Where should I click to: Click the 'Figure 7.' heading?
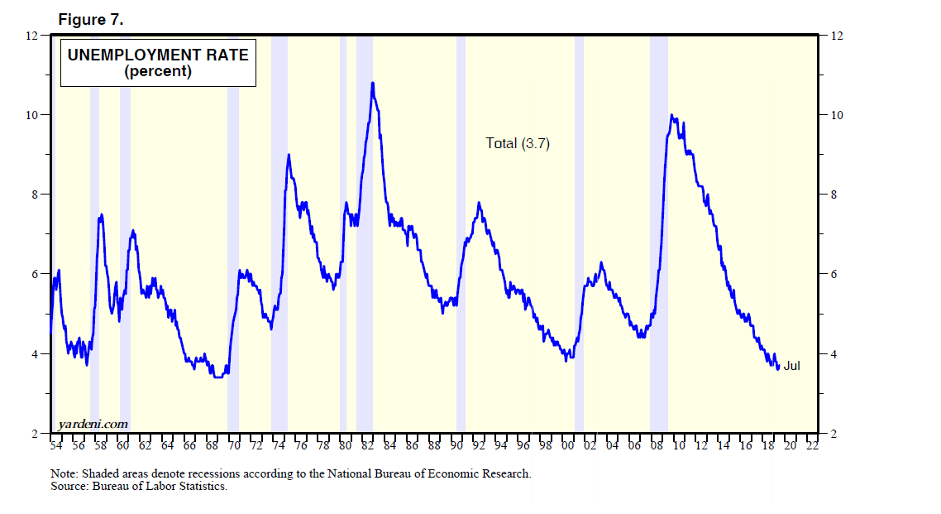point(91,21)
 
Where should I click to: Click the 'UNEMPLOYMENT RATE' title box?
point(158,63)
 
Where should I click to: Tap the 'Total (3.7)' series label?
point(518,143)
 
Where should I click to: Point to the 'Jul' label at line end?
point(791,365)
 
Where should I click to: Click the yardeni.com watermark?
point(93,424)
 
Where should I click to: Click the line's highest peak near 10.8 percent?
point(373,83)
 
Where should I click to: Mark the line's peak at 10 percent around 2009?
point(671,115)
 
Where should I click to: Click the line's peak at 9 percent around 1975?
point(289,155)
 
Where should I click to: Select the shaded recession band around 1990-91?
point(461,248)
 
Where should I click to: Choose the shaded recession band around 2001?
point(579,248)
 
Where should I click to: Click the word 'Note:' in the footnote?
point(64,474)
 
